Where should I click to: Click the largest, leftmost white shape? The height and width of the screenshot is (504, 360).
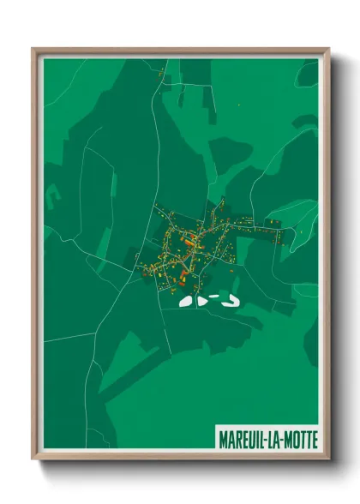point(186,301)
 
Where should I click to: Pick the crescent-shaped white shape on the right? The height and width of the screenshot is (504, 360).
point(230,299)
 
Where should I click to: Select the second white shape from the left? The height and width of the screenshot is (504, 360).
point(202,301)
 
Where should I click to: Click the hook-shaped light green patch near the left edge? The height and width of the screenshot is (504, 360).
point(53,199)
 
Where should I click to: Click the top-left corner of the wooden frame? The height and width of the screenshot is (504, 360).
point(34,50)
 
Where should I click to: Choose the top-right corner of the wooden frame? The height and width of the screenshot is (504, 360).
point(327,50)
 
